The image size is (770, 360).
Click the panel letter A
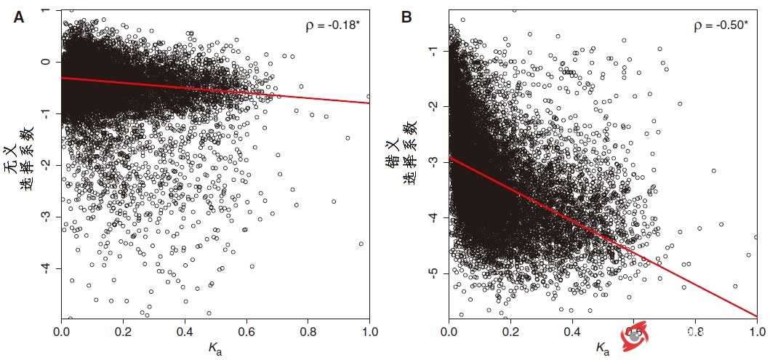(19, 18)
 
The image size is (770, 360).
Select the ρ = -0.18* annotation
(332, 25)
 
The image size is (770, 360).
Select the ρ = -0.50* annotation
(720, 25)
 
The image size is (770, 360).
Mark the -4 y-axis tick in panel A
(48, 268)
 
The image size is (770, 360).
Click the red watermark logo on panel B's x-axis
(633, 335)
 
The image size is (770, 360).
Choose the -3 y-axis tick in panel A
(48, 217)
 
